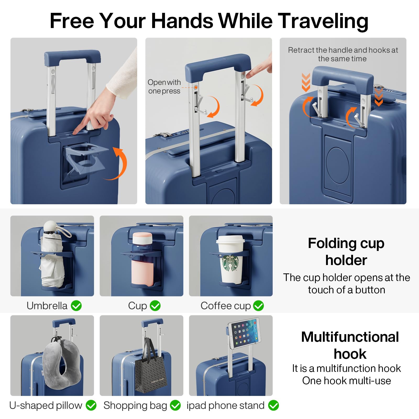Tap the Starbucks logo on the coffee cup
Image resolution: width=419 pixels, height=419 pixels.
click(x=231, y=263)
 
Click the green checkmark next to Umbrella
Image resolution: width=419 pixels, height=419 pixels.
click(x=76, y=306)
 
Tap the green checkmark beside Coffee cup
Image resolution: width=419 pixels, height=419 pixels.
click(x=258, y=306)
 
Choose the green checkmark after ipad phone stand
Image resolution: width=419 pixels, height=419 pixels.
click(x=273, y=405)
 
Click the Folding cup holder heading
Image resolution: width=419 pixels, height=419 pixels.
click(x=346, y=252)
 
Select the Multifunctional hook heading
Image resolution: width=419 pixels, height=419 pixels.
click(x=350, y=345)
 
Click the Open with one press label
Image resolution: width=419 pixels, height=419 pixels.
click(x=164, y=87)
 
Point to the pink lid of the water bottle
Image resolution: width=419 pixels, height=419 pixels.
click(x=142, y=238)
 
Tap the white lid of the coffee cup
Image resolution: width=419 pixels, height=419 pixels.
click(x=230, y=239)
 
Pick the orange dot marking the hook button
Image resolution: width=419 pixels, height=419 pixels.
click(x=196, y=87)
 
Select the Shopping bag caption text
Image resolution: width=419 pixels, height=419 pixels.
click(x=135, y=406)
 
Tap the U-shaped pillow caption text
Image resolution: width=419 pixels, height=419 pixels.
click(x=46, y=406)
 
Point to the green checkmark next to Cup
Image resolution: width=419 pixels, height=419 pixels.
click(x=155, y=306)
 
